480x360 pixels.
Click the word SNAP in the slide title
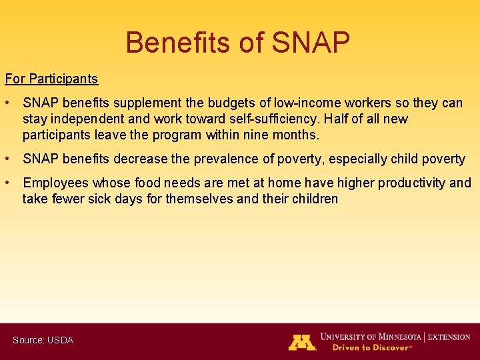click(310, 43)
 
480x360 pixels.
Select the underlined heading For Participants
click(51, 79)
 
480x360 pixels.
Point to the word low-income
click(303, 103)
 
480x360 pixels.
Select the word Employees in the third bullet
click(55, 183)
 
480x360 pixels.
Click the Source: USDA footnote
click(43, 340)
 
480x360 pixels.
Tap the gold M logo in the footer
click(302, 342)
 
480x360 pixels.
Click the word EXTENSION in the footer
click(450, 337)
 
